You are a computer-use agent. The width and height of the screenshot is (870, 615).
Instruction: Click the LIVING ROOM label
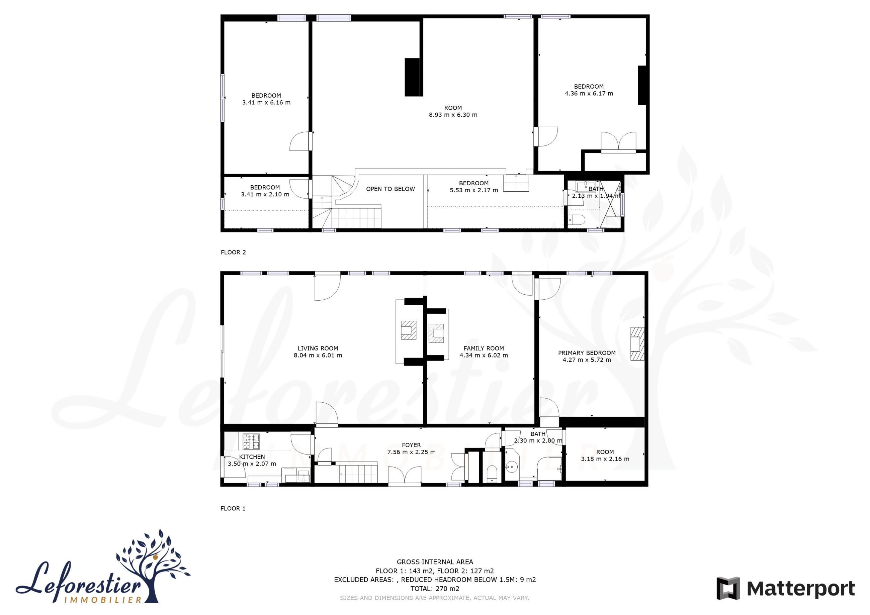[x=318, y=348]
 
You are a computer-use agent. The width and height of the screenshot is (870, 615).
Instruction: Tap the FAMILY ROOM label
[x=484, y=348]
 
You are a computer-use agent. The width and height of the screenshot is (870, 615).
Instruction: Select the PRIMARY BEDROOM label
[x=587, y=353]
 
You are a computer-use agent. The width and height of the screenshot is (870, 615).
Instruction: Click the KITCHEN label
[x=252, y=457]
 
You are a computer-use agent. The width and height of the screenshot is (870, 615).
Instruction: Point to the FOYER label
[x=411, y=445]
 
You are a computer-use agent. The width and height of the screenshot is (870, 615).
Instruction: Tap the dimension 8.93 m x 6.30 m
[x=453, y=115]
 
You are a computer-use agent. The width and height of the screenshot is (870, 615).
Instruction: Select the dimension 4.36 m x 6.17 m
[x=589, y=94]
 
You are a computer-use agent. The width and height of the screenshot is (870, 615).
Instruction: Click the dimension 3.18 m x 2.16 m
[x=605, y=459]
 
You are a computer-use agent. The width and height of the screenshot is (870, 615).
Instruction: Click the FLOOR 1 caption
[x=233, y=508]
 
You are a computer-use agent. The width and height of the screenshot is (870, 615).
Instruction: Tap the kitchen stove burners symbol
[x=251, y=441]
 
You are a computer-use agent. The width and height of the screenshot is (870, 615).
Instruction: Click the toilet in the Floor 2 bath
[x=577, y=220]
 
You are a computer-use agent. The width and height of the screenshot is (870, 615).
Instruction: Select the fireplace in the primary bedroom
[x=637, y=343]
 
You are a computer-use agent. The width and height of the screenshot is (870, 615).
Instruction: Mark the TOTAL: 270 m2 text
[x=435, y=589]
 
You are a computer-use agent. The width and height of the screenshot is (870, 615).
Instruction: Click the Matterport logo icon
[x=727, y=588]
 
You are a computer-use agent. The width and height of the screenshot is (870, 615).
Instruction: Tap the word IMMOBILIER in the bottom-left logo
[x=103, y=600]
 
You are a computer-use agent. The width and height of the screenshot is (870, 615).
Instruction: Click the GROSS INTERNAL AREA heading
[x=435, y=562]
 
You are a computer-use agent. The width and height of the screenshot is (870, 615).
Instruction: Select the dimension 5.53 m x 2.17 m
[x=474, y=190]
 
